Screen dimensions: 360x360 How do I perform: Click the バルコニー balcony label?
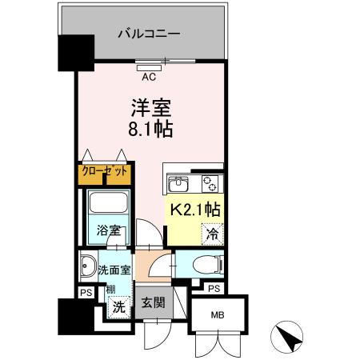click(x=148, y=34)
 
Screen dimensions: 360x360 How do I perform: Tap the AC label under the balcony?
click(x=149, y=78)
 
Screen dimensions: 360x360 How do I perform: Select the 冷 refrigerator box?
click(x=213, y=234)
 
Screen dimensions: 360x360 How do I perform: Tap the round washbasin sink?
click(x=87, y=267)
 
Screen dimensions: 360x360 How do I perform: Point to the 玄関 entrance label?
click(x=153, y=302)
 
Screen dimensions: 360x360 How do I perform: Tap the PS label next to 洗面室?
click(x=84, y=292)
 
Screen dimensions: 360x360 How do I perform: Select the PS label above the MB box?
click(x=214, y=289)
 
